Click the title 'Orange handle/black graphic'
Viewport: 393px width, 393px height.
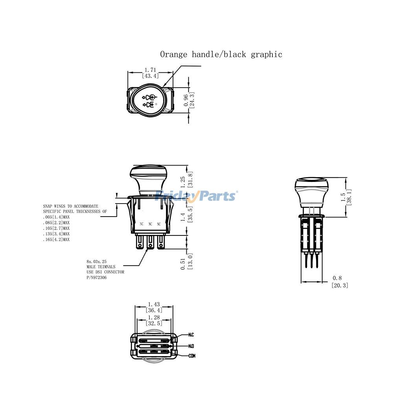point(221,54)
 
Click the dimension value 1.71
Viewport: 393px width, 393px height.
point(150,70)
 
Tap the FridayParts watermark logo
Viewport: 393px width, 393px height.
point(196,195)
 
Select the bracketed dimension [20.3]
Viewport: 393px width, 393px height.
point(340,285)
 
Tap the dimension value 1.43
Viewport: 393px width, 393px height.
point(154,304)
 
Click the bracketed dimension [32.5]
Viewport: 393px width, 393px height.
point(154,323)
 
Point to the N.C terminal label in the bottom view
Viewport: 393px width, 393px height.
point(191,335)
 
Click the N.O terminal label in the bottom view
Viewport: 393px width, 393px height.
point(191,346)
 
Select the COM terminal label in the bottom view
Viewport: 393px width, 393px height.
point(191,356)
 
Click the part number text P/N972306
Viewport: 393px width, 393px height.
point(96,277)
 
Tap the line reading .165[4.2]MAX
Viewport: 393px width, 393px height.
point(56,239)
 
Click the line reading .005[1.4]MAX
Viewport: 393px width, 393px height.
point(56,217)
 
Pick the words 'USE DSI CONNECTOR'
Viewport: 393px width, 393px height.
point(105,272)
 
